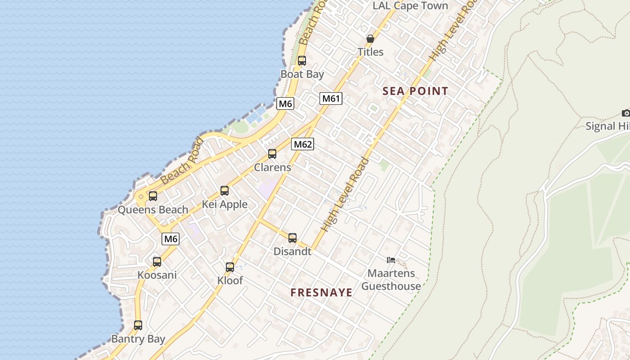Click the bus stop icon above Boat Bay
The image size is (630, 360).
click(x=302, y=60)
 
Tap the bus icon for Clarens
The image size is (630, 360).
click(x=272, y=154)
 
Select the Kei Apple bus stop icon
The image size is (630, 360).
click(x=225, y=191)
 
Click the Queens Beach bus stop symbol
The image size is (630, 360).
click(x=153, y=196)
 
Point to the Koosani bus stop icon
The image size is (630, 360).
click(x=157, y=261)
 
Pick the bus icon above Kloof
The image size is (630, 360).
click(x=230, y=267)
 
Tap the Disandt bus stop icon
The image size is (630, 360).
click(x=292, y=238)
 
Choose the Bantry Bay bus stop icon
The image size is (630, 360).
click(x=138, y=325)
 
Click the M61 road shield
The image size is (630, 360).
click(x=331, y=99)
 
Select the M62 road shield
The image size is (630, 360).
click(x=302, y=144)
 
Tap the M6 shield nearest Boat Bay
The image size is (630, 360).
click(x=285, y=104)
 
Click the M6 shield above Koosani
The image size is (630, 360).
click(x=171, y=239)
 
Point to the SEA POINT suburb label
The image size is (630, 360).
click(x=415, y=91)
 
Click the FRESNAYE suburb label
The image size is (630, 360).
click(x=321, y=292)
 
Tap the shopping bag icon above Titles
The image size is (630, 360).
click(x=370, y=39)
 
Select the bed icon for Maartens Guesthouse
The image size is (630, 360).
click(x=391, y=260)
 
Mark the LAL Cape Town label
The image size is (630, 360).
click(x=410, y=6)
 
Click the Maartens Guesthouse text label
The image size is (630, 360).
click(x=391, y=279)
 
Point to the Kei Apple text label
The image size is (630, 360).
click(x=225, y=204)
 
